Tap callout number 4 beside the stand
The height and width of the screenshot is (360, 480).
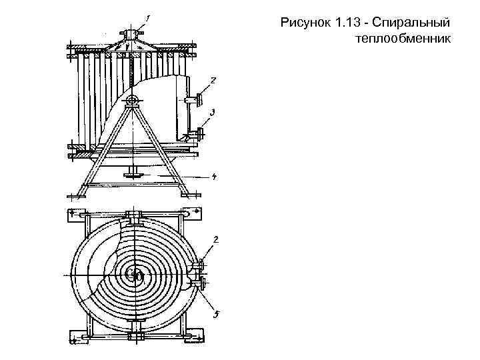pyautogui.click(x=213, y=177)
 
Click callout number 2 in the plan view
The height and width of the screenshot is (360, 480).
pyautogui.click(x=215, y=239)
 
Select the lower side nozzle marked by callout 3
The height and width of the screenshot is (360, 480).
pyautogui.click(x=198, y=134)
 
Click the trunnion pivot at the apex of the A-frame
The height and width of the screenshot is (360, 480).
pyautogui.click(x=132, y=101)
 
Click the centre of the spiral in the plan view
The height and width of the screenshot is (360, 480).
pyautogui.click(x=135, y=274)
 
